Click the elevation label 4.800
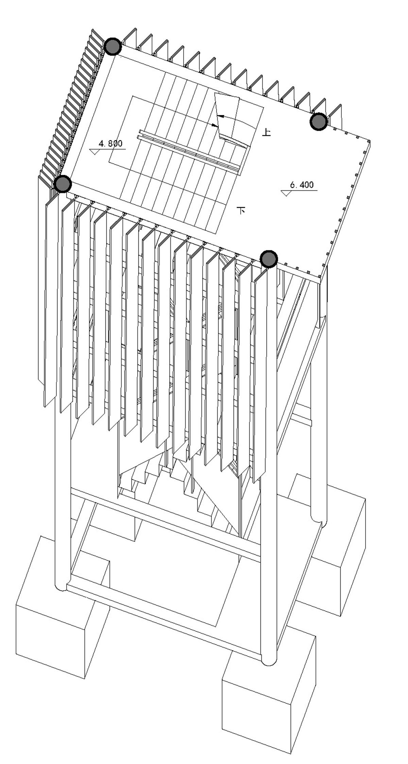[x=110, y=143]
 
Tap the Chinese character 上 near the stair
[x=267, y=132]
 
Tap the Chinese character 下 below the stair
[x=242, y=210]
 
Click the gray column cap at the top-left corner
[x=113, y=47]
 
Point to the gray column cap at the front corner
[x=269, y=259]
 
